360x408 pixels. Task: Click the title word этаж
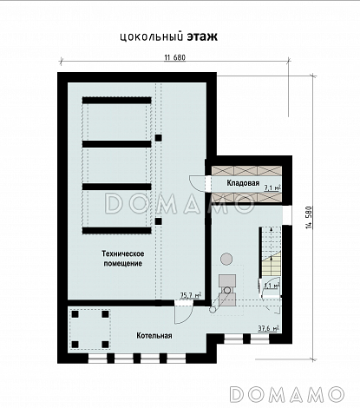(x=202, y=36)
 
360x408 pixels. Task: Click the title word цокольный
(x=152, y=37)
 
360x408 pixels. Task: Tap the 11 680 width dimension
(x=175, y=57)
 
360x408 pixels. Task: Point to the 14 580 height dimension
(x=309, y=218)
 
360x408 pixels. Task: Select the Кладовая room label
(x=243, y=183)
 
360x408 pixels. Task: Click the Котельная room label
(x=154, y=336)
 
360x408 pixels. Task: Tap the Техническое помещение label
(x=123, y=259)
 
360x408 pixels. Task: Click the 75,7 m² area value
(x=191, y=295)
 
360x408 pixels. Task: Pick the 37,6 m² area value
(x=269, y=328)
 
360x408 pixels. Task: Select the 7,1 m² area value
(x=272, y=188)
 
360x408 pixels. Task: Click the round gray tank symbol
(x=226, y=259)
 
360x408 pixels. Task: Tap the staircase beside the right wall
(x=272, y=252)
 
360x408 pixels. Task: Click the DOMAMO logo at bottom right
(x=287, y=394)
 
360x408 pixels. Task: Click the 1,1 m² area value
(x=272, y=286)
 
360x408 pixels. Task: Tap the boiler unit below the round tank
(x=227, y=290)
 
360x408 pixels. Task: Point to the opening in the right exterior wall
(x=287, y=215)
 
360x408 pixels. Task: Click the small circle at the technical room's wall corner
(x=213, y=310)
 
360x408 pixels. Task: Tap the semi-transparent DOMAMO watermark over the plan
(x=180, y=203)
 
